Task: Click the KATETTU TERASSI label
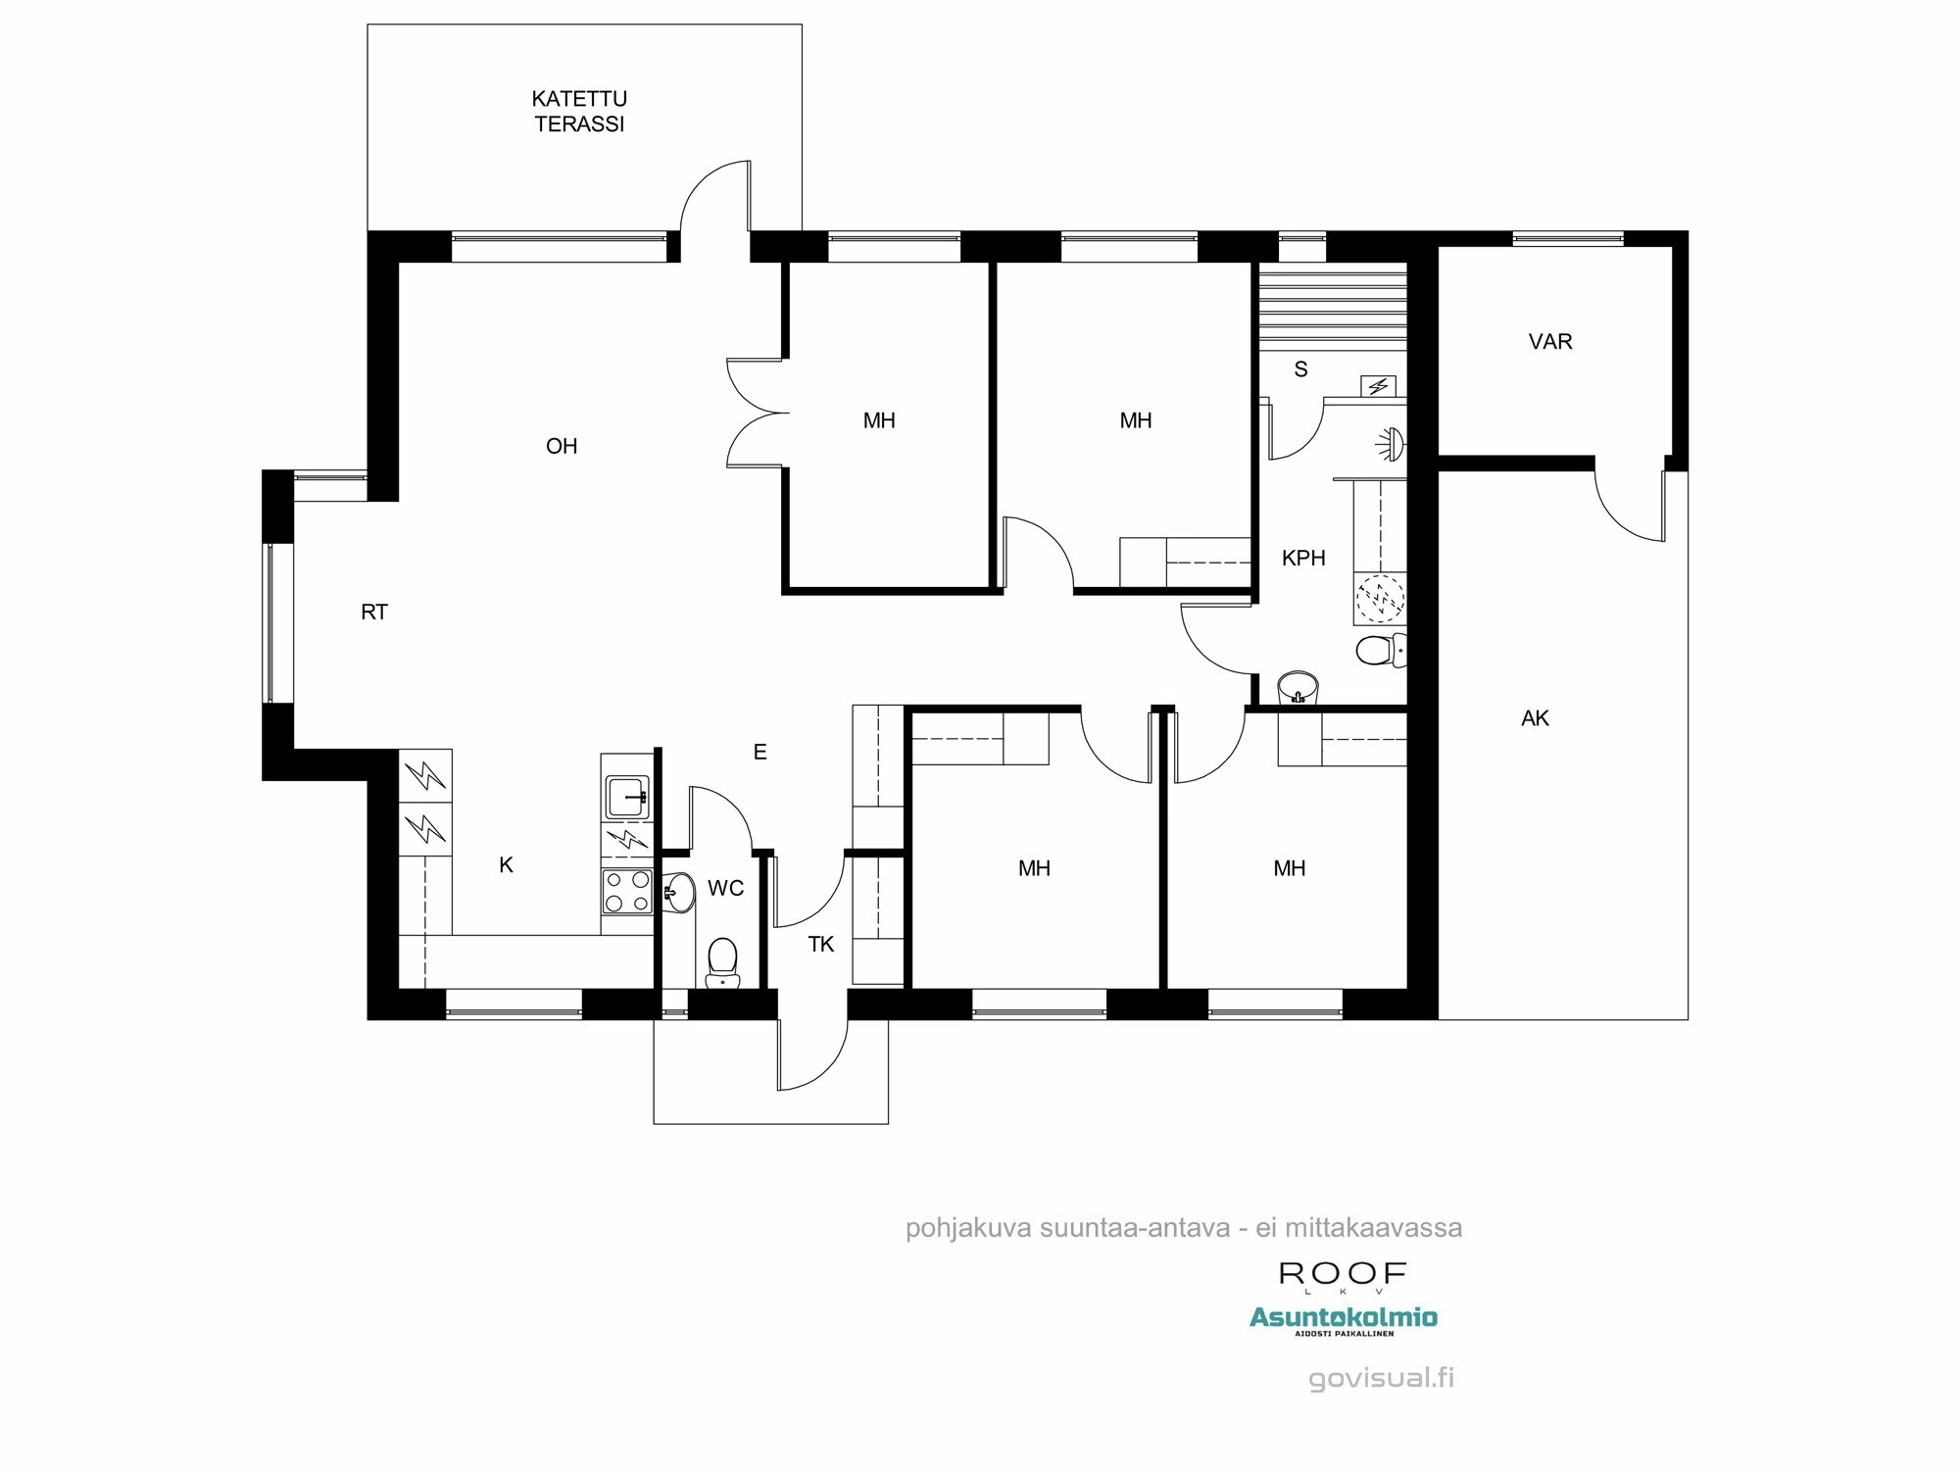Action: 579,111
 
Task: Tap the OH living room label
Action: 562,447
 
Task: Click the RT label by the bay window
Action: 374,612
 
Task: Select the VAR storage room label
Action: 1550,342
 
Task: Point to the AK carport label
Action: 1535,718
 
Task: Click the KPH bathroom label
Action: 1303,559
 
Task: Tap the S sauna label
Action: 1300,369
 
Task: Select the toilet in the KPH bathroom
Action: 1378,650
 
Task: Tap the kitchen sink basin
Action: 626,796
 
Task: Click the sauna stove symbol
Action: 1378,386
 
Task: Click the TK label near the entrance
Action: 820,945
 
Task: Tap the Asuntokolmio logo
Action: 1343,1318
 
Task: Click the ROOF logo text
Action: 1343,1274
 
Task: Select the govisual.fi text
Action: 1381,1378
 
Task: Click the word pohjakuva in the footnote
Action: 967,1228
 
